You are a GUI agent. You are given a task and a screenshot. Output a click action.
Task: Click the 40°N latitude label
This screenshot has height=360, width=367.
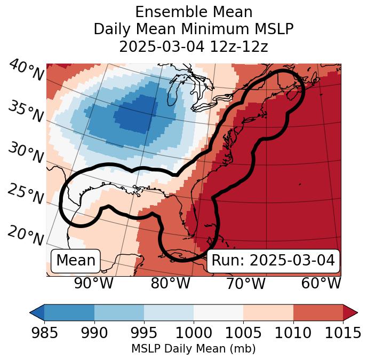(26, 71)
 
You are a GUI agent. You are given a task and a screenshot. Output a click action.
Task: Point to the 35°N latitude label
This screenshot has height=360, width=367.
(26, 111)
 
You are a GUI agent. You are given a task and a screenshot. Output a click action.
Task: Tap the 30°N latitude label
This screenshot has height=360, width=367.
(26, 153)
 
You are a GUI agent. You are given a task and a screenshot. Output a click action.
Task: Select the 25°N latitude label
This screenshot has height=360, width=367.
(26, 194)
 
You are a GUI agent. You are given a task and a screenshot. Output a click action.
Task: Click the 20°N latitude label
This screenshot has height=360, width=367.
(26, 236)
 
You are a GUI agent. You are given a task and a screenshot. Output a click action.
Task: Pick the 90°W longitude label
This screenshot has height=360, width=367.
(93, 284)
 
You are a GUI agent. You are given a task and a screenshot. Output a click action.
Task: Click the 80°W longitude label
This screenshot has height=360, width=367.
(170, 284)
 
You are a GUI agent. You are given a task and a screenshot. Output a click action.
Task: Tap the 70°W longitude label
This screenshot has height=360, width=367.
(245, 284)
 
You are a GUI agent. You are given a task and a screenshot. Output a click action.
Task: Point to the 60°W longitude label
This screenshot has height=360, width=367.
(321, 284)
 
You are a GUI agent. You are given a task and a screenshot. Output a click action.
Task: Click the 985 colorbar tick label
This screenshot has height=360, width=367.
(44, 333)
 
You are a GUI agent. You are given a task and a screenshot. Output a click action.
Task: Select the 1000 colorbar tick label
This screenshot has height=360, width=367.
(194, 333)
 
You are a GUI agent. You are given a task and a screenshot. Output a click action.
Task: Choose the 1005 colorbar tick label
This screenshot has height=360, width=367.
(243, 333)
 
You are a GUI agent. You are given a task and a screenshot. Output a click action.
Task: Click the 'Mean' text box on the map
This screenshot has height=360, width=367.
(76, 261)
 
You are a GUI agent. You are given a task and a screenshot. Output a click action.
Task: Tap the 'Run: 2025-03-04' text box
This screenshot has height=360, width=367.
(273, 261)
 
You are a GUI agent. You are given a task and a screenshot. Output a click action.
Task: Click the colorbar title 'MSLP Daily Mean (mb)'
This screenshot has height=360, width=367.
(193, 349)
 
